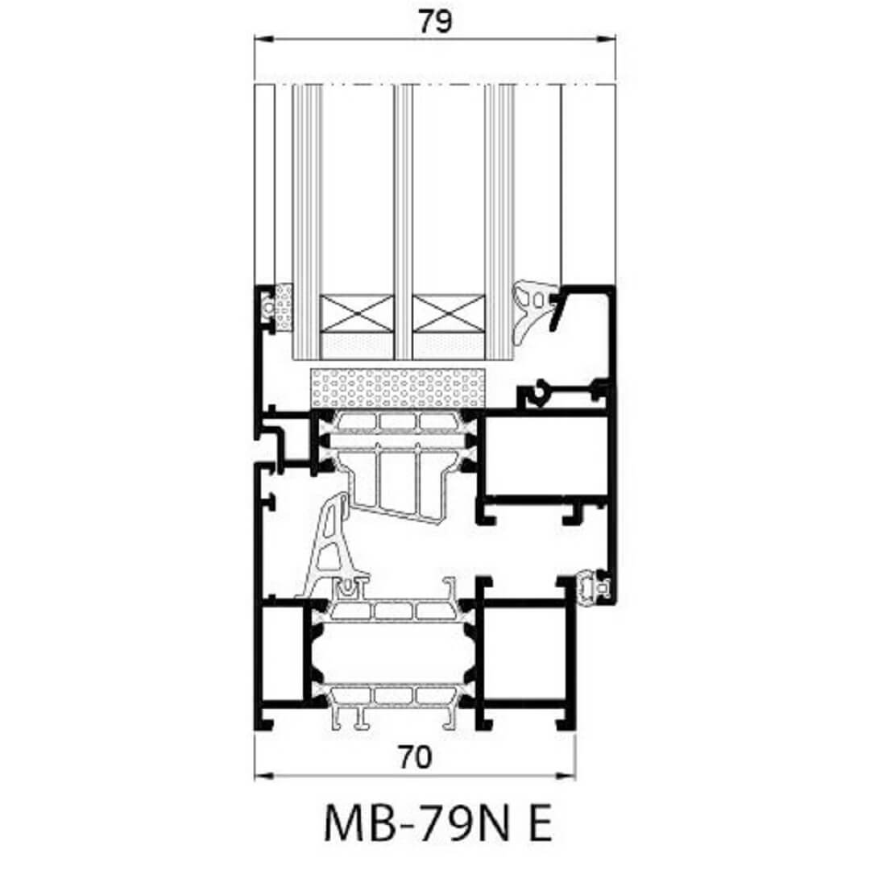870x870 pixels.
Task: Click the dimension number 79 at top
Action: click(435, 22)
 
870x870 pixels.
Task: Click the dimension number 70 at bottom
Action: click(415, 757)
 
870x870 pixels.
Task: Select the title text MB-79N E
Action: click(437, 822)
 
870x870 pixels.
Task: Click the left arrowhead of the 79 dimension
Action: click(263, 39)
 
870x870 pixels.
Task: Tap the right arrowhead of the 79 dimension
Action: click(607, 39)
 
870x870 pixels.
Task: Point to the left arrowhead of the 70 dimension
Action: click(263, 776)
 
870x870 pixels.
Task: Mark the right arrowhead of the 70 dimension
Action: click(566, 776)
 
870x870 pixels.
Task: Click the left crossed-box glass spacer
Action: click(358, 313)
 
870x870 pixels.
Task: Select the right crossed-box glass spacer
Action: click(449, 313)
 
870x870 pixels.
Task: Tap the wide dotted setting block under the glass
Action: click(398, 387)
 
